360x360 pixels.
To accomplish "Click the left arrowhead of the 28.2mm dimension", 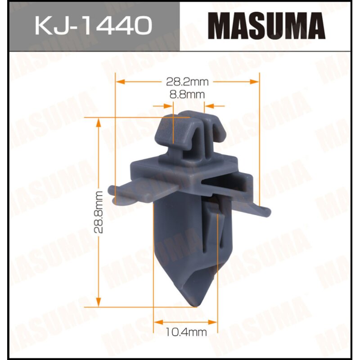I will tap(120, 82).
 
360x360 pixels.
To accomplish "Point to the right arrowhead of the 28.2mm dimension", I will tap(256, 82).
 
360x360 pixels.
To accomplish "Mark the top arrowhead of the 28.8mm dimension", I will tap(99, 121).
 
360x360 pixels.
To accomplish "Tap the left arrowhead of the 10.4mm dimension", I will tap(157, 322).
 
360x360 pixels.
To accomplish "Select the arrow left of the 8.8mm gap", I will tap(169, 106).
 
